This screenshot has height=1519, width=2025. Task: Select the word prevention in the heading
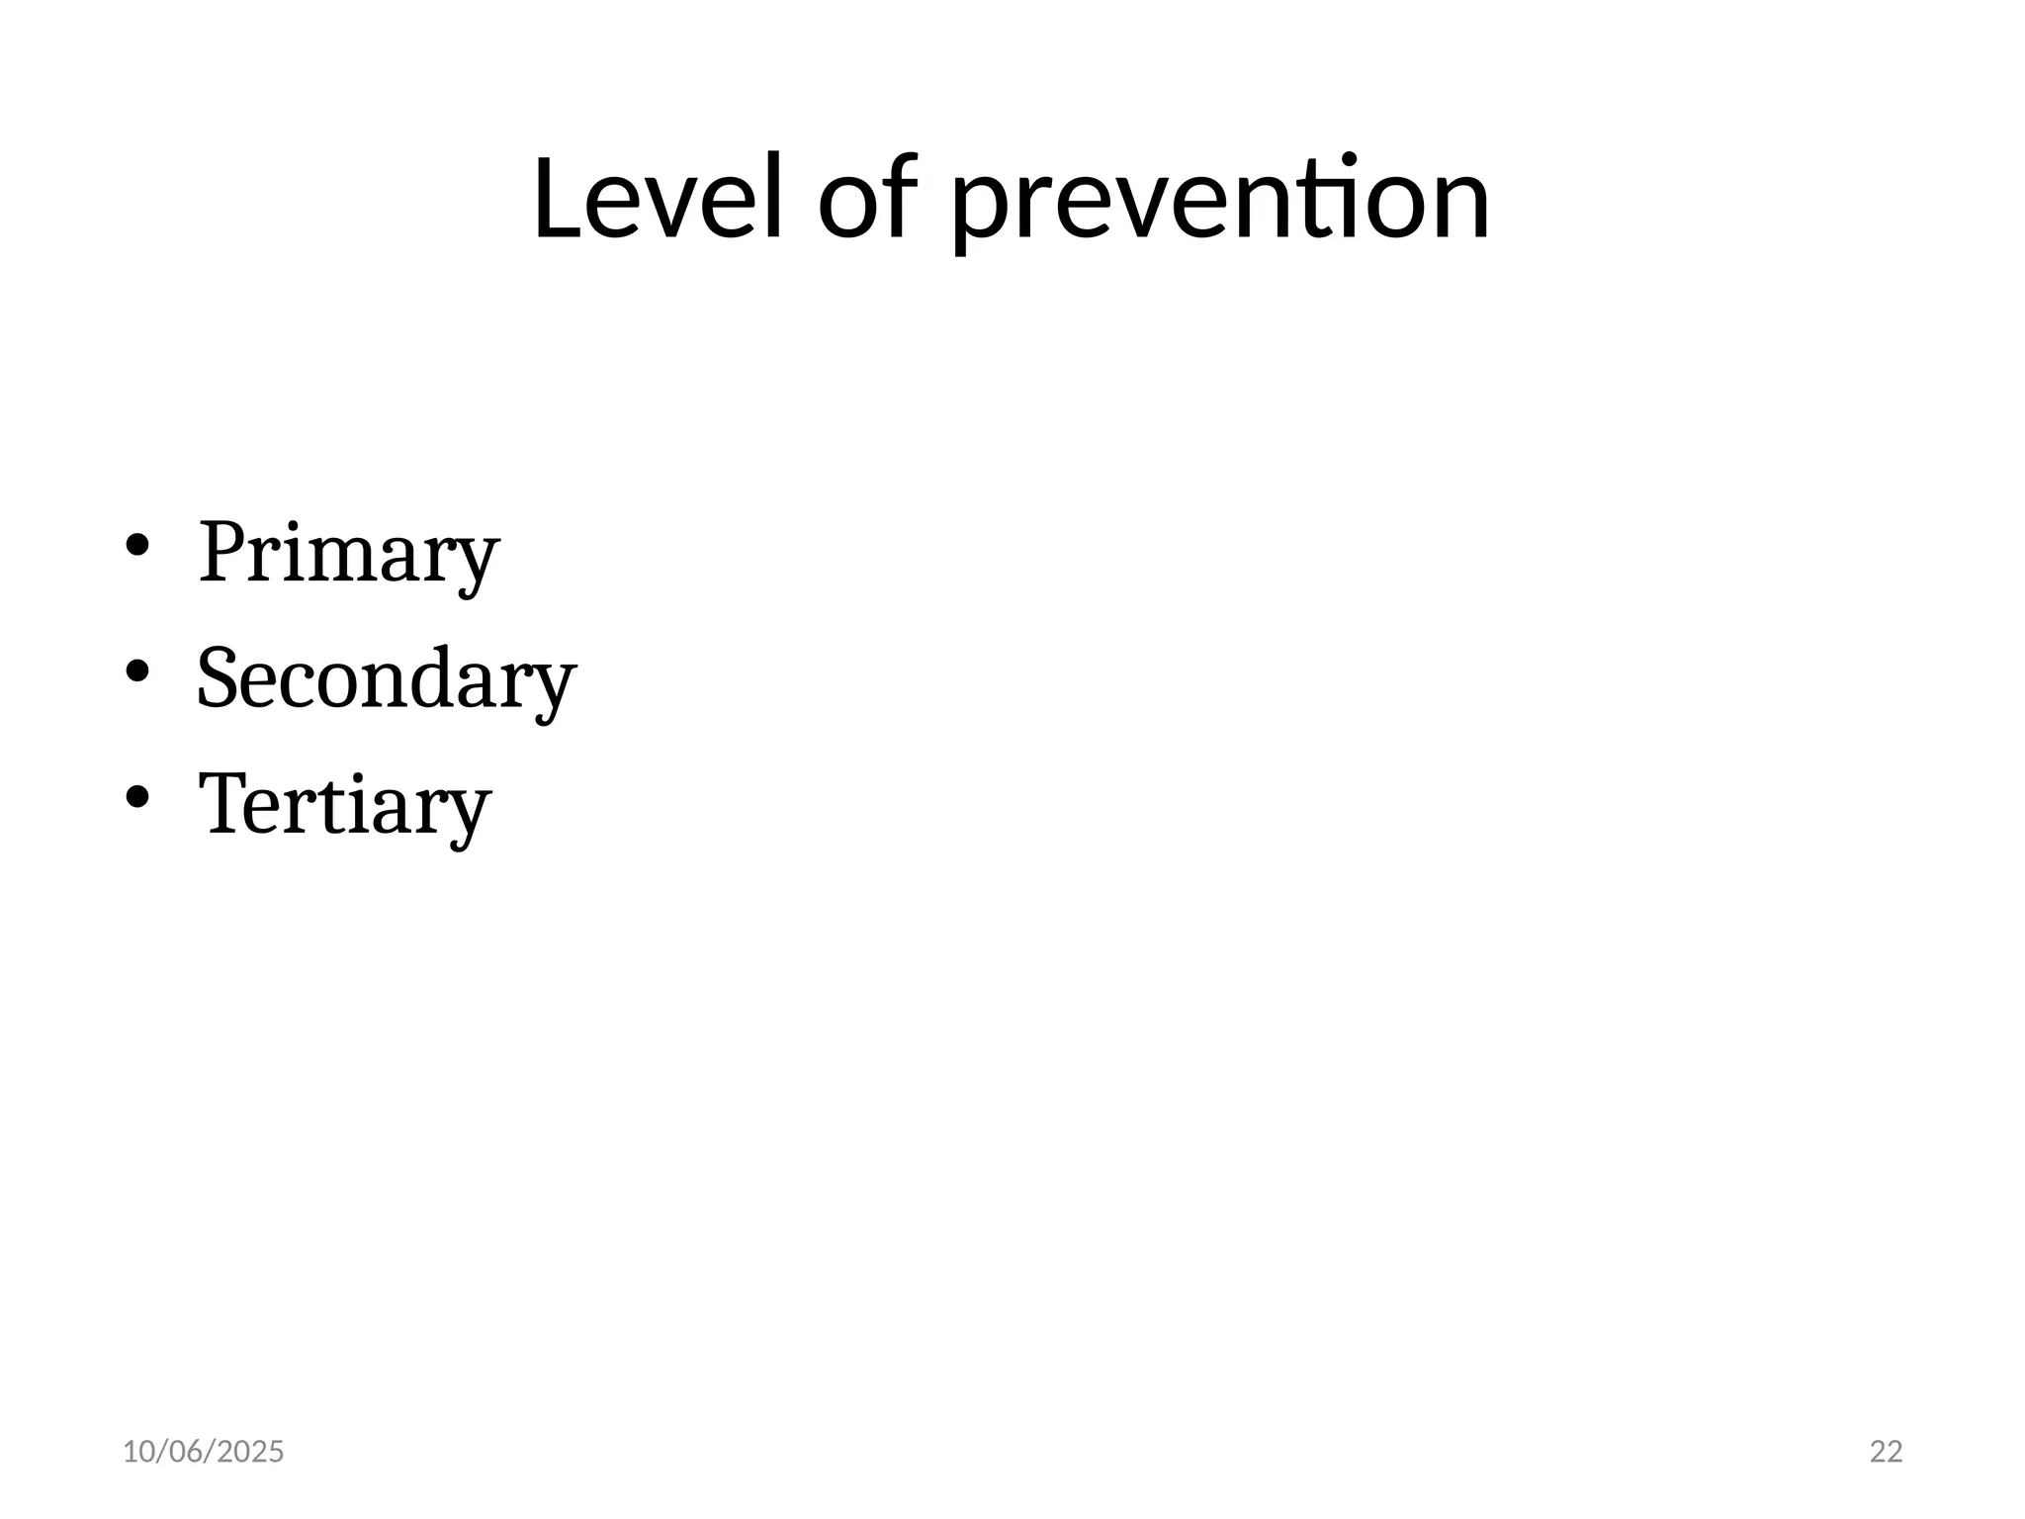pyautogui.click(x=1220, y=203)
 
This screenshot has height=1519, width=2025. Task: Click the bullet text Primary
pyautogui.click(x=348, y=553)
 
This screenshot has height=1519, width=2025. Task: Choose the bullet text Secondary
pyautogui.click(x=386, y=679)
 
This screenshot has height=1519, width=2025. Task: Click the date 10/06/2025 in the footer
pyautogui.click(x=203, y=1452)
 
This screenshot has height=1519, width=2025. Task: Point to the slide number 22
pyautogui.click(x=1887, y=1452)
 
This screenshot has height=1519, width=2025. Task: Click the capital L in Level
pyautogui.click(x=557, y=198)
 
